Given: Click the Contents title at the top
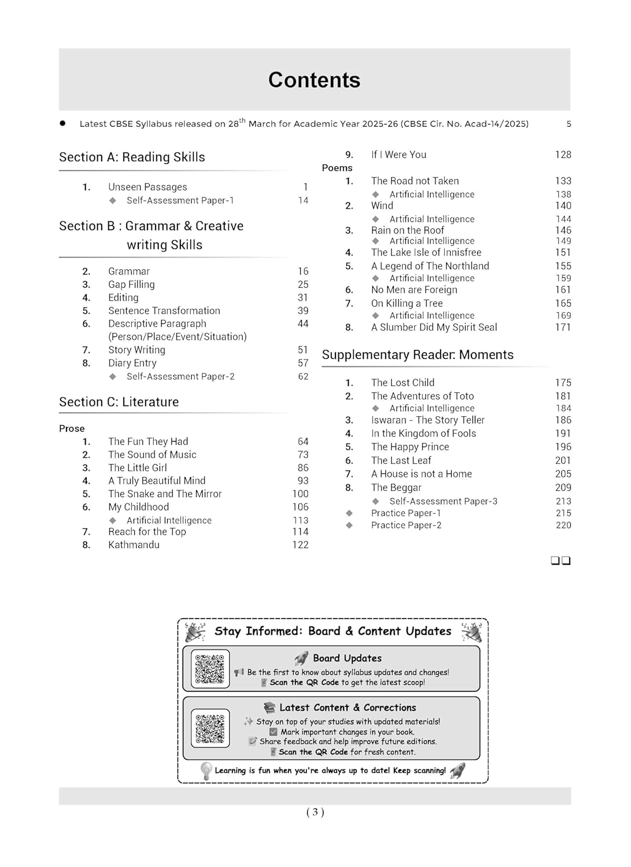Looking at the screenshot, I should (314, 80).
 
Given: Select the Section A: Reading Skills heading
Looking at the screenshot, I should (132, 157).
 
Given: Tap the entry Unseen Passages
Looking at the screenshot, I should (147, 187).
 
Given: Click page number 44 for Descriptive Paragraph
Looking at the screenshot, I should (303, 324).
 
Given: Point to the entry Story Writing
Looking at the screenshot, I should (136, 350).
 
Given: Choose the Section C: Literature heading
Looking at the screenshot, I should (119, 402).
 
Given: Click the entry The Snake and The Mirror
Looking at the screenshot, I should (165, 494).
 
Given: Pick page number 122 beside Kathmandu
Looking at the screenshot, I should (300, 544).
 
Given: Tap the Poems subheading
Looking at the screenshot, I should (337, 168).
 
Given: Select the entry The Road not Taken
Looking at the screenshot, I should (415, 181).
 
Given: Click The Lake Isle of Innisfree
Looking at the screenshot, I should (426, 253).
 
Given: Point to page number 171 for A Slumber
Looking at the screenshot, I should (563, 327).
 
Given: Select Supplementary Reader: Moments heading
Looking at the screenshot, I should (418, 355).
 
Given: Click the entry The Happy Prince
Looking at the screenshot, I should (410, 447).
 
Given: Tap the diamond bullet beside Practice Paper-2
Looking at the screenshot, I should (349, 525).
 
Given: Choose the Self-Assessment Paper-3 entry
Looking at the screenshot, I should (443, 501).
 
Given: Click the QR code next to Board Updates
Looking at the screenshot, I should (210, 669).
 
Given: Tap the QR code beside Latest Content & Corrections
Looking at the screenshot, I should (210, 728).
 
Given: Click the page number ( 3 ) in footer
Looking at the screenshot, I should (315, 812).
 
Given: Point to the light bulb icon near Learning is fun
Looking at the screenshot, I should (206, 770).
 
